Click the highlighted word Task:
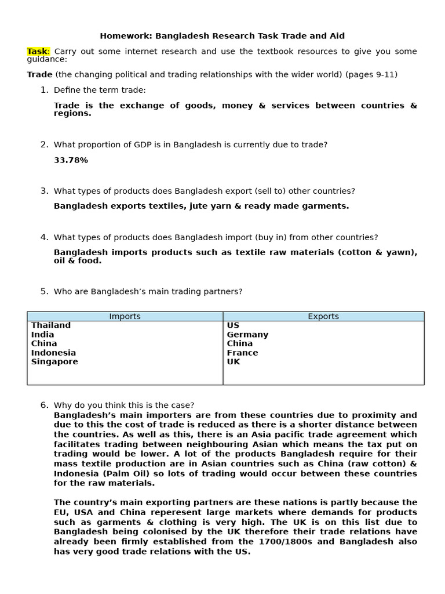point(38,52)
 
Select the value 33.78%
point(71,160)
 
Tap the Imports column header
point(125,316)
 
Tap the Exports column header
point(323,316)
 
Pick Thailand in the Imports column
point(51,325)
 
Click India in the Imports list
point(42,335)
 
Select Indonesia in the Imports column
point(53,353)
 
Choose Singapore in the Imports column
point(54,362)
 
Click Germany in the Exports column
point(247,335)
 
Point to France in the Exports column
point(242,353)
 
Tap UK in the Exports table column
point(233,362)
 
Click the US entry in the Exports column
point(233,325)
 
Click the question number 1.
point(44,90)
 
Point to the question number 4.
point(44,237)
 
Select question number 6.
point(44,405)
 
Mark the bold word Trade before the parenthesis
point(39,75)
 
